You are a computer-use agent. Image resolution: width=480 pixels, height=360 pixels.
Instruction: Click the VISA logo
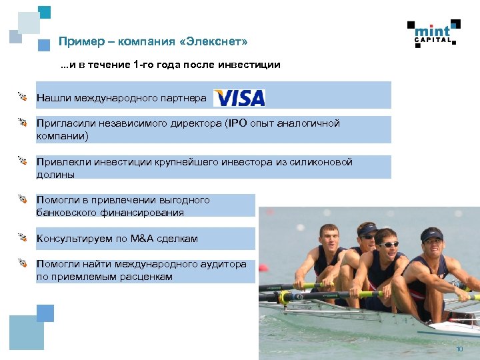coord(239,98)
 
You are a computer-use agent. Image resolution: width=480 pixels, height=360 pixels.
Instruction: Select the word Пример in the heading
coord(77,42)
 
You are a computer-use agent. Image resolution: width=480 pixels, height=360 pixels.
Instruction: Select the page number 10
coord(459,350)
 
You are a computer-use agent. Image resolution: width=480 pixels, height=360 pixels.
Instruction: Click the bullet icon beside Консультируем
coord(22,237)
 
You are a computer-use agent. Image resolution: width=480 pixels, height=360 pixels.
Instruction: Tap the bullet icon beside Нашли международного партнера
coord(22,97)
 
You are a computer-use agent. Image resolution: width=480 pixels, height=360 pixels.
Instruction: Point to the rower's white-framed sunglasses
coord(388,245)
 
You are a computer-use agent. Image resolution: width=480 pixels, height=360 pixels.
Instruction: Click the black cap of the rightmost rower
coord(431,234)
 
